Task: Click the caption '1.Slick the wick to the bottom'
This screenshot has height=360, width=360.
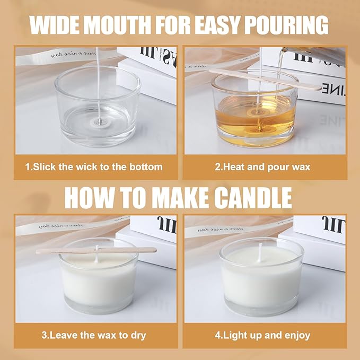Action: pyautogui.click(x=94, y=167)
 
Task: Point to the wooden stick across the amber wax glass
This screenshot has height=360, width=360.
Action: pyautogui.click(x=265, y=78)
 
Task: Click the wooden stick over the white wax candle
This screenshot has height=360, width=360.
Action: pyautogui.click(x=95, y=250)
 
